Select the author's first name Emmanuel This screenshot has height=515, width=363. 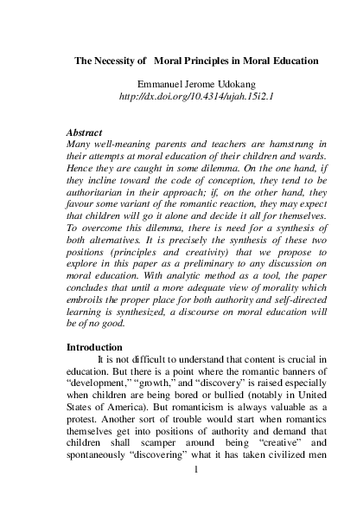(152, 82)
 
